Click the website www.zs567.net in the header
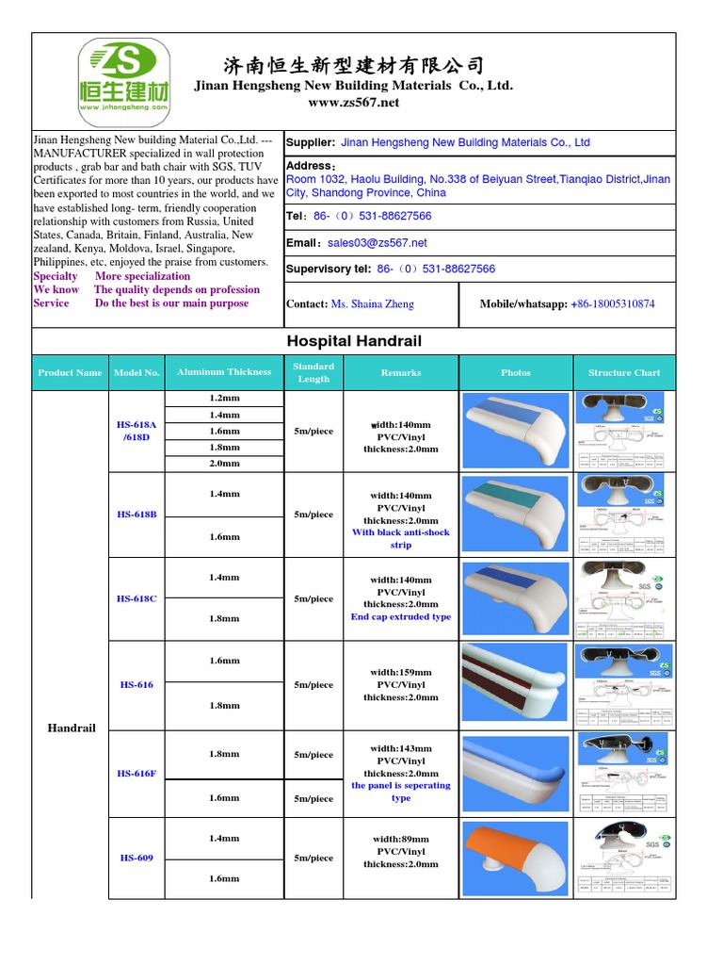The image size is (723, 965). (x=354, y=102)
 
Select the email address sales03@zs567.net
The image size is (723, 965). (x=377, y=242)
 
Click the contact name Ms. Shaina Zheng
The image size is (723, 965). (x=373, y=303)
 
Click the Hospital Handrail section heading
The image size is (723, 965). (x=354, y=341)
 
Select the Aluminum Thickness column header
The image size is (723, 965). (x=224, y=372)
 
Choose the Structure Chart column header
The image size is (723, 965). (x=624, y=372)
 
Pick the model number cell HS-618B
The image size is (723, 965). (x=137, y=515)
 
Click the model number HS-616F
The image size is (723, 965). (x=137, y=774)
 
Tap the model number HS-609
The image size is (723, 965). (x=137, y=858)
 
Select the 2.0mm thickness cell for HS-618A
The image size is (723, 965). (x=224, y=464)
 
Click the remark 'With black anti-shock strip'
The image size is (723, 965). (x=401, y=538)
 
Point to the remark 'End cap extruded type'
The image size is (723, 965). (x=401, y=617)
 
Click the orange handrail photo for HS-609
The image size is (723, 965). (x=515, y=858)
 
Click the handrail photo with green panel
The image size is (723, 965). (x=515, y=515)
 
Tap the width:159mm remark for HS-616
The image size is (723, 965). (x=401, y=673)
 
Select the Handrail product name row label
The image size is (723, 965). (x=72, y=728)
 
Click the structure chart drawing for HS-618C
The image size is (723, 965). (x=624, y=598)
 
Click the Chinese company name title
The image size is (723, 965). (x=354, y=65)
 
